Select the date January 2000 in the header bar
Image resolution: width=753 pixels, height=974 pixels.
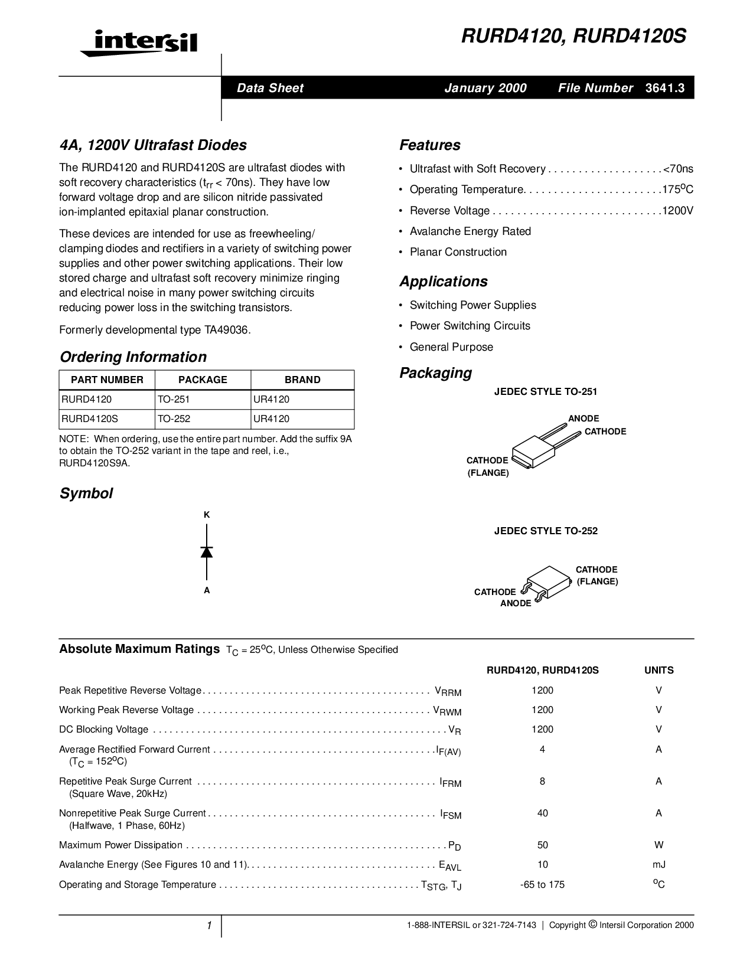point(485,88)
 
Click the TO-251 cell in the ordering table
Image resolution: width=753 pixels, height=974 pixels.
point(174,400)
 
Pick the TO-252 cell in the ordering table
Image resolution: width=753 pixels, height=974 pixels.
point(174,419)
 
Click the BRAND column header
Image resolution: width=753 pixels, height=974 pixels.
point(302,380)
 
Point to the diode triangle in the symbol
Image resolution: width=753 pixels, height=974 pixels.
point(207,552)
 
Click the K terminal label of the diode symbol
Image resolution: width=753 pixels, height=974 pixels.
point(207,515)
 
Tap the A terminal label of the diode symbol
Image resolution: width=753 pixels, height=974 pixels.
point(207,590)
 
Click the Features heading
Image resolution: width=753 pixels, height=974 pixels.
point(429,145)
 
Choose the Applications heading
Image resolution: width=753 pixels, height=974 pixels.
point(444,282)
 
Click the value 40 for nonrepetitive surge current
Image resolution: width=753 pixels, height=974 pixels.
point(542,813)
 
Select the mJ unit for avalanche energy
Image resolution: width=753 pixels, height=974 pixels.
point(659,865)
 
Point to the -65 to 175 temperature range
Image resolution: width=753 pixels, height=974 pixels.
point(542,885)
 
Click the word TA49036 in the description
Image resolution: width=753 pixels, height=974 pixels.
point(227,330)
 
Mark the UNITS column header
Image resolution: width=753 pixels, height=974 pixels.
point(659,671)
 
